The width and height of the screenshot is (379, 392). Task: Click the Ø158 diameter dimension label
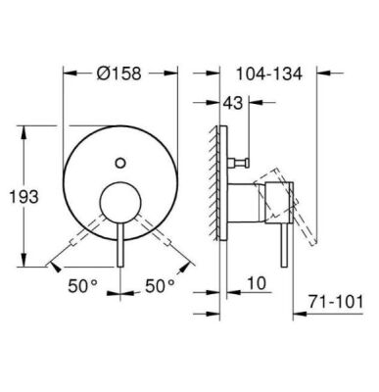pyautogui.click(x=118, y=71)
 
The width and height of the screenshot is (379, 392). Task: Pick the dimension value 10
pyautogui.click(x=256, y=285)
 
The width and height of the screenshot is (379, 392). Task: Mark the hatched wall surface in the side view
pyautogui.click(x=209, y=196)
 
